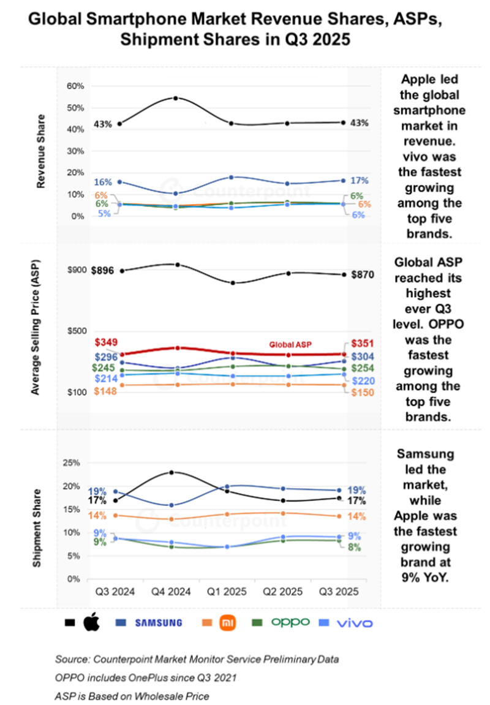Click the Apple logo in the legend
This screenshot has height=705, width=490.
pyautogui.click(x=91, y=623)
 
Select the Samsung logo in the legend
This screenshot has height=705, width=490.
pyautogui.click(x=158, y=623)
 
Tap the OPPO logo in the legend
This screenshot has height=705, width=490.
pyautogui.click(x=290, y=623)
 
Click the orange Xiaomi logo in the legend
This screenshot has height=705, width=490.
pyautogui.click(x=227, y=623)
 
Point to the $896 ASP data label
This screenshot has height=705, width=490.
pyautogui.click(x=104, y=270)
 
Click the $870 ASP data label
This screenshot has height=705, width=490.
pyautogui.click(x=363, y=274)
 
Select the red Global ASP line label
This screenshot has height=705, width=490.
pyautogui.click(x=290, y=345)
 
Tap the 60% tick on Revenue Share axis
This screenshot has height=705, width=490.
pyautogui.click(x=75, y=86)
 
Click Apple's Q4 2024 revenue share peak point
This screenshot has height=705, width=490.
pyautogui.click(x=176, y=98)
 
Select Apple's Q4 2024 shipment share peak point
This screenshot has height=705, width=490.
pyautogui.click(x=171, y=472)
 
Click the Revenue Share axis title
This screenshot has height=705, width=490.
pyautogui.click(x=41, y=151)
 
